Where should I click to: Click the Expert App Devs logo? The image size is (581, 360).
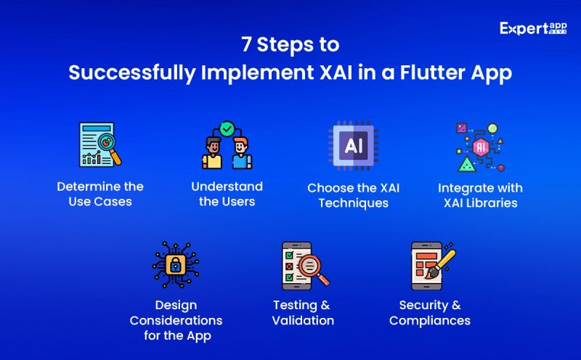coord(535,30)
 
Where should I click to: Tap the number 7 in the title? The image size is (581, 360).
coord(246,45)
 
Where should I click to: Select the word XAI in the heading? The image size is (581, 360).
coord(315,74)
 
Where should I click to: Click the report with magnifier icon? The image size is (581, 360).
coord(99,144)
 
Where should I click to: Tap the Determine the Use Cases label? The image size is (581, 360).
coord(100,194)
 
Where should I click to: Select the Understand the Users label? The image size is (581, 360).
coord(227,194)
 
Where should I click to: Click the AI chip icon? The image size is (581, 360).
coord(353,145)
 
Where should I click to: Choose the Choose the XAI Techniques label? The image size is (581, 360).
coord(353,195)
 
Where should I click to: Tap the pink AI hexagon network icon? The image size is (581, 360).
coord(480,147)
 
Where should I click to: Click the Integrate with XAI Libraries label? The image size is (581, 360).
coord(480,195)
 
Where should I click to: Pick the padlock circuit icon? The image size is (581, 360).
coord(176,265)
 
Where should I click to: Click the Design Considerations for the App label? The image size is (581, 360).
coord(176,320)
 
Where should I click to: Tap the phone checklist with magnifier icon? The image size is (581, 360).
coord(303,266)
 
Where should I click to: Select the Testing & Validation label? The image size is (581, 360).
coord(303,313)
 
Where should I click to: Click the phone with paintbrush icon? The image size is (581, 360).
coord(432,266)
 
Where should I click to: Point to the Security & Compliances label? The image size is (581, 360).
coord(430,313)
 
